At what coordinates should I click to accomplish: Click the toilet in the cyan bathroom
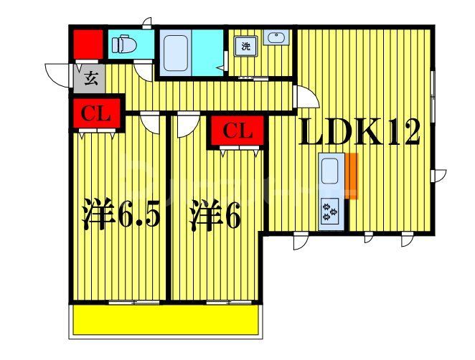click(x=126, y=45)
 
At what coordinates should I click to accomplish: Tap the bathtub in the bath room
click(x=174, y=52)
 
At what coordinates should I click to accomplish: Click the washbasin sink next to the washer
click(x=275, y=38)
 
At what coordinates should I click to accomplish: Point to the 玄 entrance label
click(x=91, y=78)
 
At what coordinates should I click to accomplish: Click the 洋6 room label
click(x=214, y=215)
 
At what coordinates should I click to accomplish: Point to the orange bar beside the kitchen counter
click(x=352, y=176)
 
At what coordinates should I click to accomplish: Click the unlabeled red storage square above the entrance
click(x=87, y=44)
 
